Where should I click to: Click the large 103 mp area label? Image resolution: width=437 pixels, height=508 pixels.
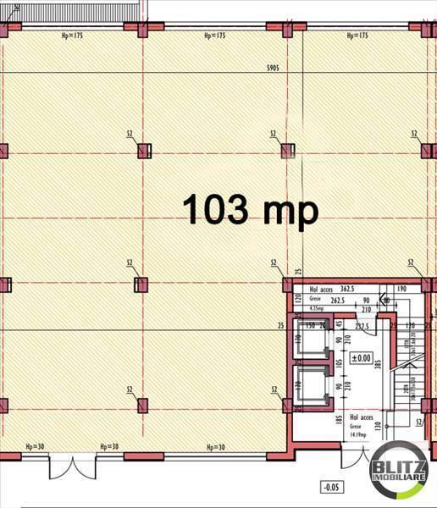coord(251,208)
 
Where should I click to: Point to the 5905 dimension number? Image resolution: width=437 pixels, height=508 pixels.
coord(273,66)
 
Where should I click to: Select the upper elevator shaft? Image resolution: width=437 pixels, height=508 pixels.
coord(310,340)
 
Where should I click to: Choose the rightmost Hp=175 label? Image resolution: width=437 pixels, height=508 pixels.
coord(357,36)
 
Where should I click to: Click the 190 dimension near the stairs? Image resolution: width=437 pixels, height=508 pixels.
coord(401,289)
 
